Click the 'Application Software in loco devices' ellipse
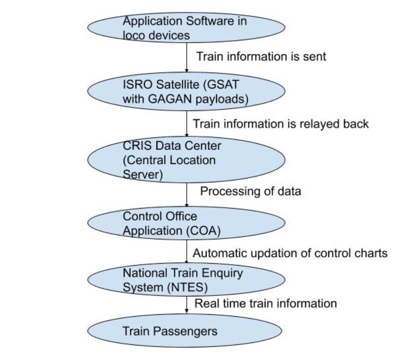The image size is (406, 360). (x=186, y=27)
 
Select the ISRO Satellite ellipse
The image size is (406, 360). (x=186, y=91)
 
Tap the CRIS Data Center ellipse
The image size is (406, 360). (x=186, y=160)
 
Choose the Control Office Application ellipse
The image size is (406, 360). (x=186, y=223)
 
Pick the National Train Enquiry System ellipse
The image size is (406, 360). (x=186, y=280)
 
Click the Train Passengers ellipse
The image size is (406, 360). (x=184, y=331)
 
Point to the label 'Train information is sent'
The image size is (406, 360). (x=261, y=57)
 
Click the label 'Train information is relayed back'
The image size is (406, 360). (x=281, y=124)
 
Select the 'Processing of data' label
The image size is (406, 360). (x=250, y=191)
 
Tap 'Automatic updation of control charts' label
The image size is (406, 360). (x=290, y=253)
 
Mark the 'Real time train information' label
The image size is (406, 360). (x=266, y=303)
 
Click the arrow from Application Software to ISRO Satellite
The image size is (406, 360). (x=187, y=57)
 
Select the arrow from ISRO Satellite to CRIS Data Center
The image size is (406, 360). (x=187, y=123)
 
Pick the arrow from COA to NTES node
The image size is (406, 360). (x=187, y=251)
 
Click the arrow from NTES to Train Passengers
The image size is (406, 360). (x=187, y=304)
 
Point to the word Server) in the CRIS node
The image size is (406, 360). (x=143, y=175)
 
